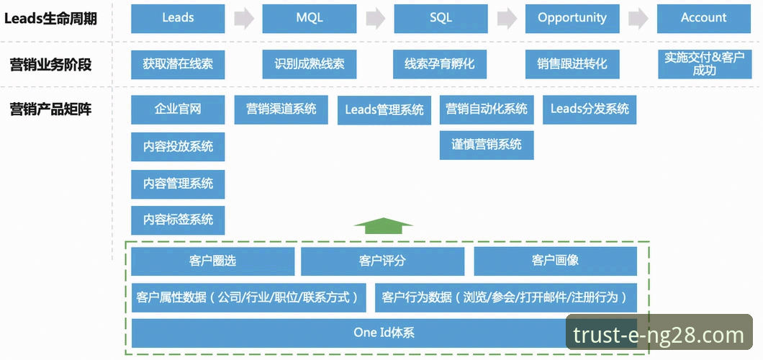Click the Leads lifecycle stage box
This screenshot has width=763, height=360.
[178, 18]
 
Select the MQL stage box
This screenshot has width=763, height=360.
[309, 18]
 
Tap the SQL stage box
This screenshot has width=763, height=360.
[441, 18]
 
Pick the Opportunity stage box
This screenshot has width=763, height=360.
[572, 18]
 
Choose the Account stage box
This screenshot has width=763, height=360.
[703, 18]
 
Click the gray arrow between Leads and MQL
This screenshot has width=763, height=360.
[244, 19]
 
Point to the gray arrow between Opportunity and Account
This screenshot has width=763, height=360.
[638, 19]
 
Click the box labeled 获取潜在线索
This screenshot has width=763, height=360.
[178, 64]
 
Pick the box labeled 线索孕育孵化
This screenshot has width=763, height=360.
[440, 64]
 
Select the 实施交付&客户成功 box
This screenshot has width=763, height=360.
[703, 64]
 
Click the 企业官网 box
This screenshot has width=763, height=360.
[178, 109]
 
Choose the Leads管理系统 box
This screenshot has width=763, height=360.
[384, 110]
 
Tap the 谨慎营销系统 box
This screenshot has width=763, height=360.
[487, 145]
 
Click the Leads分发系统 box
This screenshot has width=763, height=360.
[590, 109]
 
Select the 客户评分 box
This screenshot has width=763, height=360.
[384, 261]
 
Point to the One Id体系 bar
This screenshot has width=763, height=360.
[384, 333]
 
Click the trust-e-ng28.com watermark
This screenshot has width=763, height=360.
[659, 335]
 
